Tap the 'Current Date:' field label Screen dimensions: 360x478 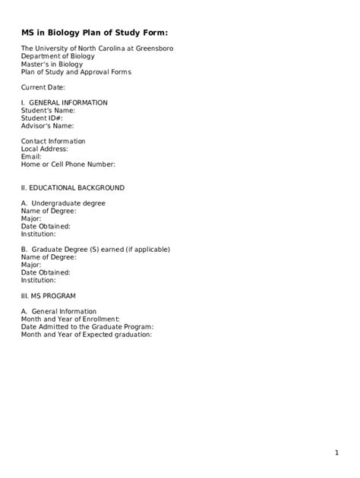(43, 87)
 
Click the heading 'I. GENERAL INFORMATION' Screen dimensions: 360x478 (65, 102)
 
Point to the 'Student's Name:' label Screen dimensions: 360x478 (48, 110)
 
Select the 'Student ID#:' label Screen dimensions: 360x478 (42, 118)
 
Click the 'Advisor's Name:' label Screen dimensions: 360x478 (48, 125)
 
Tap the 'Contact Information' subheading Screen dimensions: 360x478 (53, 141)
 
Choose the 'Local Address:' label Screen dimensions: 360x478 (46, 149)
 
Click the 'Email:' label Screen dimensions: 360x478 (31, 156)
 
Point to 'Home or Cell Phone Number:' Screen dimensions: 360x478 (68, 164)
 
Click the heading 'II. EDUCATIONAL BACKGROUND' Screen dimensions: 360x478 (73, 187)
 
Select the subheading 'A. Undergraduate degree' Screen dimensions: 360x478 (63, 203)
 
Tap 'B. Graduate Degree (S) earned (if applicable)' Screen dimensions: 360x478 (96, 249)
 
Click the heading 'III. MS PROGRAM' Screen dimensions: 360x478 (49, 295)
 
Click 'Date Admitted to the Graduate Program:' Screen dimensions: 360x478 (87, 326)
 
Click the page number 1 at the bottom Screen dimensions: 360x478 (336, 453)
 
